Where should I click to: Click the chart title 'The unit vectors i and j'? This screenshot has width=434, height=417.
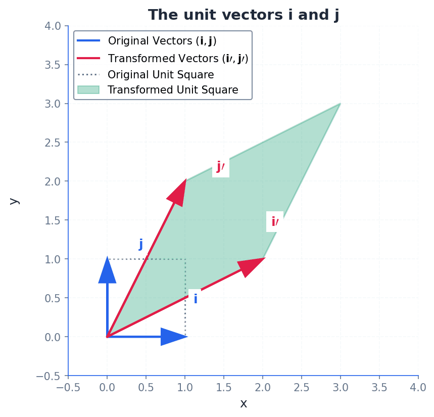[x=243, y=15]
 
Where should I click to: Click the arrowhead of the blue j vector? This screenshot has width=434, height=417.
[x=107, y=270]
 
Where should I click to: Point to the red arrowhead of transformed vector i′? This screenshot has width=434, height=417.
[x=251, y=266]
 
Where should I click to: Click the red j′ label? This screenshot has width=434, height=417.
[x=221, y=167]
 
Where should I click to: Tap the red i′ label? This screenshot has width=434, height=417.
[x=275, y=222]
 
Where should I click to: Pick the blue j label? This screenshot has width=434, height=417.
[x=141, y=245]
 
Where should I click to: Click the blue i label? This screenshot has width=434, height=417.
[x=195, y=299]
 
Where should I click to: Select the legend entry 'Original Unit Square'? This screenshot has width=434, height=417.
[x=161, y=75]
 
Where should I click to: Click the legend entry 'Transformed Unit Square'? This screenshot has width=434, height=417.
[x=173, y=90]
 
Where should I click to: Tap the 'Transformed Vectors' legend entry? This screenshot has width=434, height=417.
[x=178, y=58]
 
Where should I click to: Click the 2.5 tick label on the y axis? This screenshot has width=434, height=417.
[x=51, y=143]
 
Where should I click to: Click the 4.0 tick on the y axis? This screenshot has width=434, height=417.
[x=51, y=26]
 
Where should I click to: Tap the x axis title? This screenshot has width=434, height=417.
[x=244, y=403]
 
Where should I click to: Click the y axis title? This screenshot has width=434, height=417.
[x=14, y=201]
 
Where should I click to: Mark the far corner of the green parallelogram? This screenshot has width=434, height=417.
[x=340, y=104]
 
